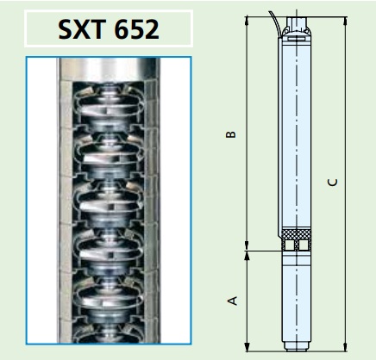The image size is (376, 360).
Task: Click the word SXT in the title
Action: coord(81,29)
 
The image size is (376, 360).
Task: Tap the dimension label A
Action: coord(233,301)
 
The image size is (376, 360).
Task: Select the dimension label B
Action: coord(231,134)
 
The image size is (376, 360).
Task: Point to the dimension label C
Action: coord(333,183)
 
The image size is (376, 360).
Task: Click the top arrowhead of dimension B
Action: coord(247,21)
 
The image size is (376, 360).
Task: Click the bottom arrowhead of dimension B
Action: coord(247,246)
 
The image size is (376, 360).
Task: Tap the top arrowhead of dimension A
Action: coord(247,256)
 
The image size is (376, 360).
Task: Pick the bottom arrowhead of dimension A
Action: coord(247,346)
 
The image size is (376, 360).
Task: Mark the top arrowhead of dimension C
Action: coord(346,21)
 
